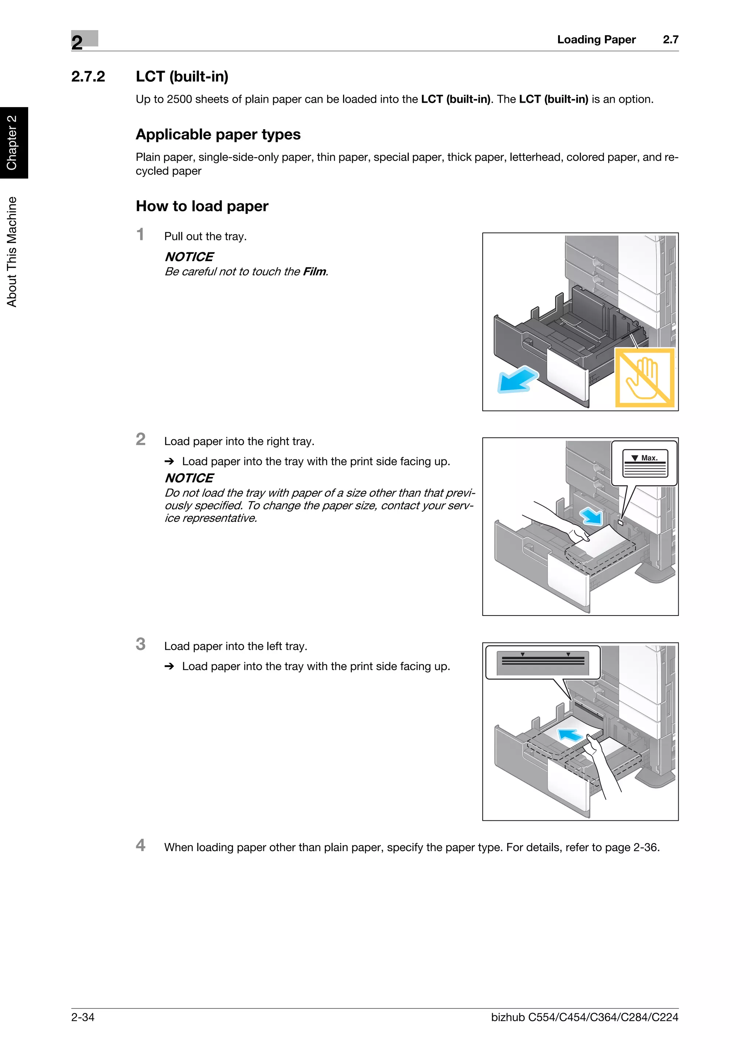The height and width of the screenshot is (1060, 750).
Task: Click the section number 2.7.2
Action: coord(88,77)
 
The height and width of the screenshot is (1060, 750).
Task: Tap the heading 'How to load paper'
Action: coord(202,206)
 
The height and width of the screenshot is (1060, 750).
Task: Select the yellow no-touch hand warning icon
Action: coord(645,377)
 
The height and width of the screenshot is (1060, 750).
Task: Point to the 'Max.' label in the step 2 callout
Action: coord(649,458)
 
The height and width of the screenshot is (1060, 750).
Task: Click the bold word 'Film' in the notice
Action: coord(314,271)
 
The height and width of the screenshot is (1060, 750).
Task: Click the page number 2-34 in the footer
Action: coord(83,1017)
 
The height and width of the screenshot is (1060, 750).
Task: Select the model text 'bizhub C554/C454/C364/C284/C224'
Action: coord(584,1017)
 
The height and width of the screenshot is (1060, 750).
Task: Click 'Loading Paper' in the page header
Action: coord(596,40)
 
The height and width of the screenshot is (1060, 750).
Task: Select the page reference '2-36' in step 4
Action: coord(645,847)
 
